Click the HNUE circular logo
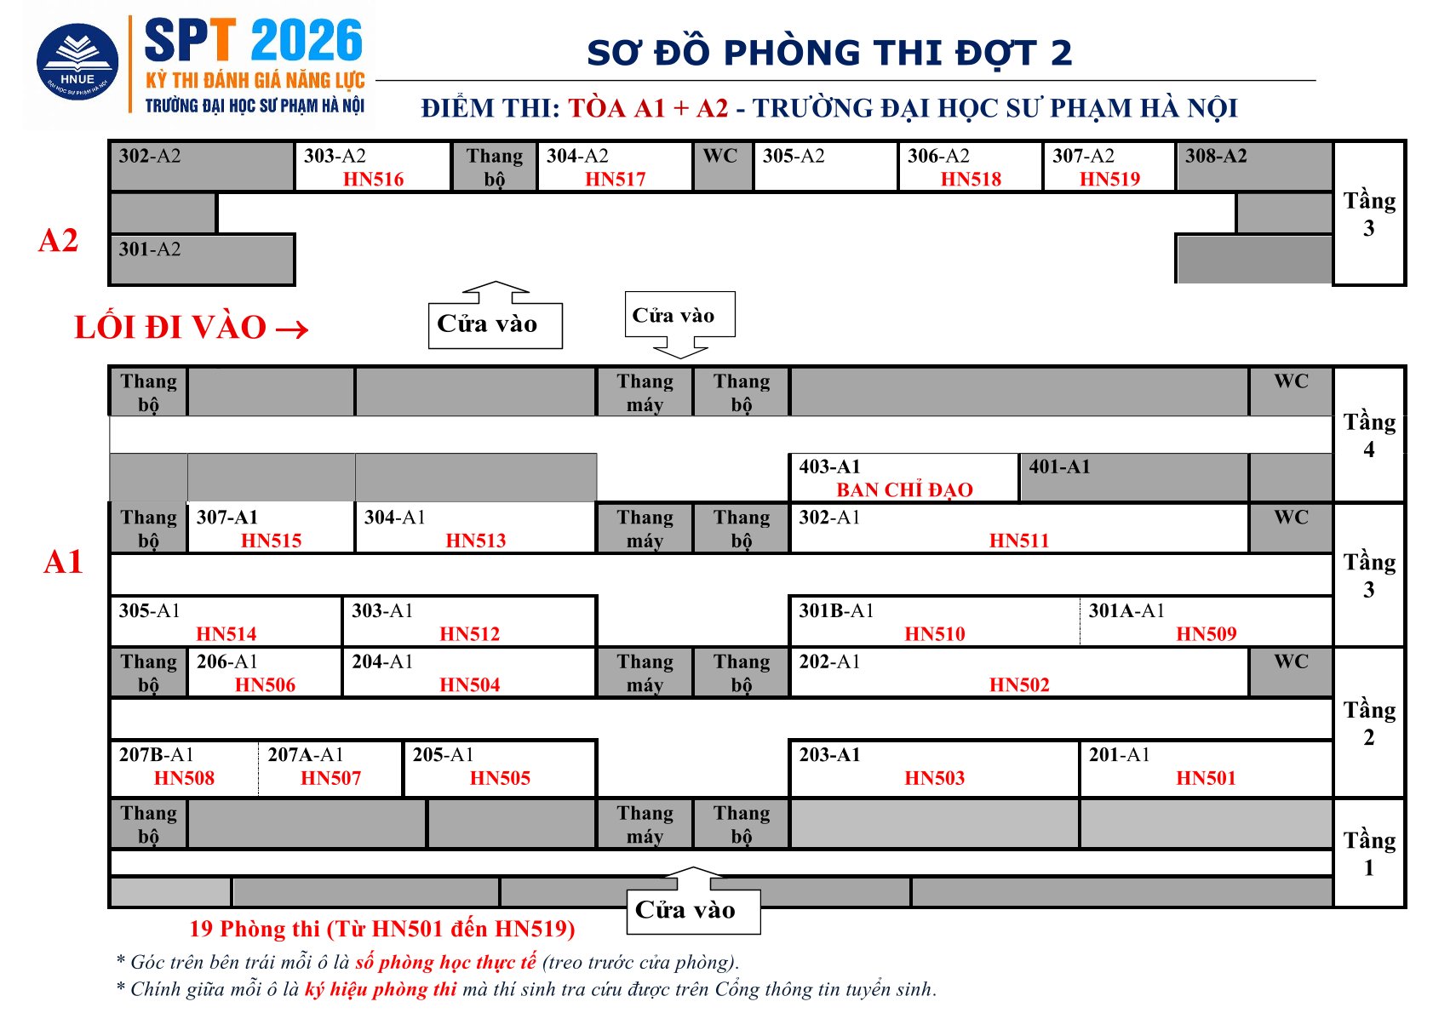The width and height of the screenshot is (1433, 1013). coord(77,61)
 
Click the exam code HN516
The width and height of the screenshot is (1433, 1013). coord(374,179)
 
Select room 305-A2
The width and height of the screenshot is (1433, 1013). coord(825,166)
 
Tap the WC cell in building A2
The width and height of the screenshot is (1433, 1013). coord(722,166)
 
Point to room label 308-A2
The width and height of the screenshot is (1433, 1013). coord(1216,156)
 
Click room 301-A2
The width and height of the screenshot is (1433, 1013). coord(202,259)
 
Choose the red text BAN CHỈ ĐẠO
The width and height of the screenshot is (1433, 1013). coord(904,489)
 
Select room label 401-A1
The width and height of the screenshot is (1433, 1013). coord(1059,466)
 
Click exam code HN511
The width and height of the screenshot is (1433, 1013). coord(1019,541)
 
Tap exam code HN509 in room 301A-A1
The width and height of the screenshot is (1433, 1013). coord(1207,634)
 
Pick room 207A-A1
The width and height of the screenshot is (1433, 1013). coord(330,768)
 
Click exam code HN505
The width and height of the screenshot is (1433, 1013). coord(501,778)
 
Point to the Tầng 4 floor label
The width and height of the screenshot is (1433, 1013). coord(1369,436)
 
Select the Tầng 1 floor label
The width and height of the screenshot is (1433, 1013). coord(1369,853)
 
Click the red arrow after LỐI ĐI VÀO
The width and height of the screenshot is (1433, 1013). coord(292,329)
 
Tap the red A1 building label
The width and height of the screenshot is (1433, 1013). coord(63,562)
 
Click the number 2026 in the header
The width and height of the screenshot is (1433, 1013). coord(307,40)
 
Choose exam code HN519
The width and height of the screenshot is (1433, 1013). coord(1110,179)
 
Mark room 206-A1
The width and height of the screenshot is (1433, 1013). coord(265,672)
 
